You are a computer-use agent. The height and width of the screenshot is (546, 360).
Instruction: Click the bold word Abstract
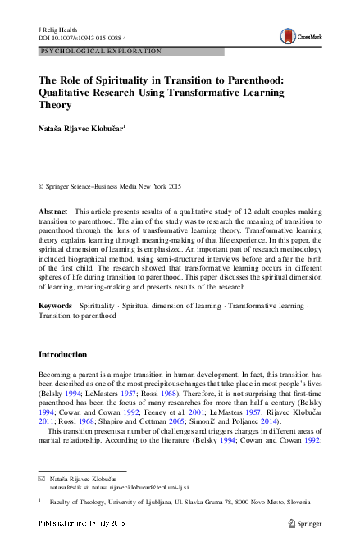[53, 212]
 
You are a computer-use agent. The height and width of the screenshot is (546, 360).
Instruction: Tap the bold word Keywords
[56, 305]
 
